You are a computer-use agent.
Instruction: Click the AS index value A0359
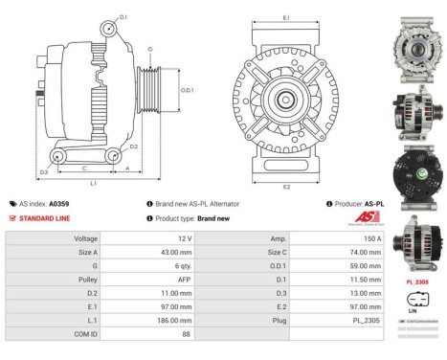click(x=59, y=204)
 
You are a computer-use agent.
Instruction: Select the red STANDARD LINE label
click(x=45, y=218)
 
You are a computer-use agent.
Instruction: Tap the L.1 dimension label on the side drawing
click(x=93, y=182)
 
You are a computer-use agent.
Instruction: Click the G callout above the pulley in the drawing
click(x=149, y=48)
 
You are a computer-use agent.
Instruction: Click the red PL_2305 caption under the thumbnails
click(x=417, y=282)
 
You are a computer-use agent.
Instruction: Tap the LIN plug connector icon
click(x=417, y=300)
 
